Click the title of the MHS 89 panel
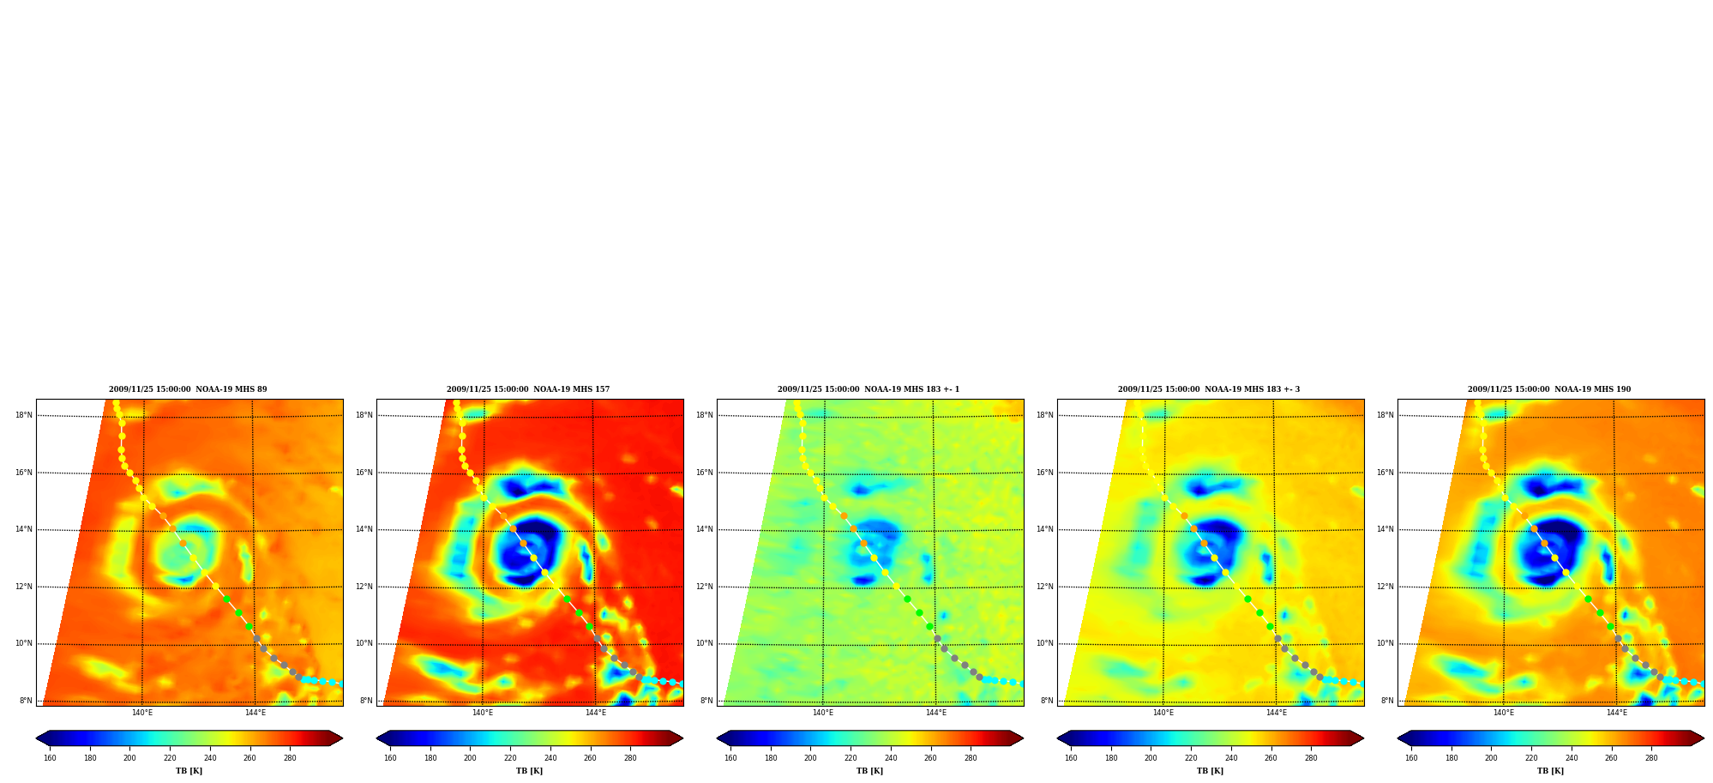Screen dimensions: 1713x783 point(188,389)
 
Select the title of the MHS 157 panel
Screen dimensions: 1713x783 point(528,389)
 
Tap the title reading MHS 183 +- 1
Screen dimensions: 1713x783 point(869,389)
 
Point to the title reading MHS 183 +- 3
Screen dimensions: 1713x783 point(1209,389)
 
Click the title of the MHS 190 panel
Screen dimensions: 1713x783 point(1549,389)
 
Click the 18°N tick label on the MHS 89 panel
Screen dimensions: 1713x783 point(24,415)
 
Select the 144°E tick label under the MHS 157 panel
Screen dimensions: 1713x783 point(596,713)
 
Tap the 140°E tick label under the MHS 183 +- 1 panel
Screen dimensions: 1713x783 point(823,713)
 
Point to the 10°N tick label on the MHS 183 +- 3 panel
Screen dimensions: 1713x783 point(1045,643)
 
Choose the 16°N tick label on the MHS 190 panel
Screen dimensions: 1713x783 point(1385,473)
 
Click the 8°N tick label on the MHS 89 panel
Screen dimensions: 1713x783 point(26,701)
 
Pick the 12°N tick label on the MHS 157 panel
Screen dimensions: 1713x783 point(364,587)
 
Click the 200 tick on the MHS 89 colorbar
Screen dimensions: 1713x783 point(129,758)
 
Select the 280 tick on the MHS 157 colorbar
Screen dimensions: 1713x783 point(630,758)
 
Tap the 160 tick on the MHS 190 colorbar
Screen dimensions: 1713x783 point(1411,758)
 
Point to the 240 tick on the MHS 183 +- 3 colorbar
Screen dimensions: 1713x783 point(1231,758)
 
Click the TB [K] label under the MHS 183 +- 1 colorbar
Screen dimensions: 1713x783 point(869,771)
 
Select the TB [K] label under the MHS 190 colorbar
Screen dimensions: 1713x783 point(1550,771)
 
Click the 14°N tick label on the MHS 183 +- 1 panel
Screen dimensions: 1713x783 point(705,529)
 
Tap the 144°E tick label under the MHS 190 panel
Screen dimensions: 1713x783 point(1617,713)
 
